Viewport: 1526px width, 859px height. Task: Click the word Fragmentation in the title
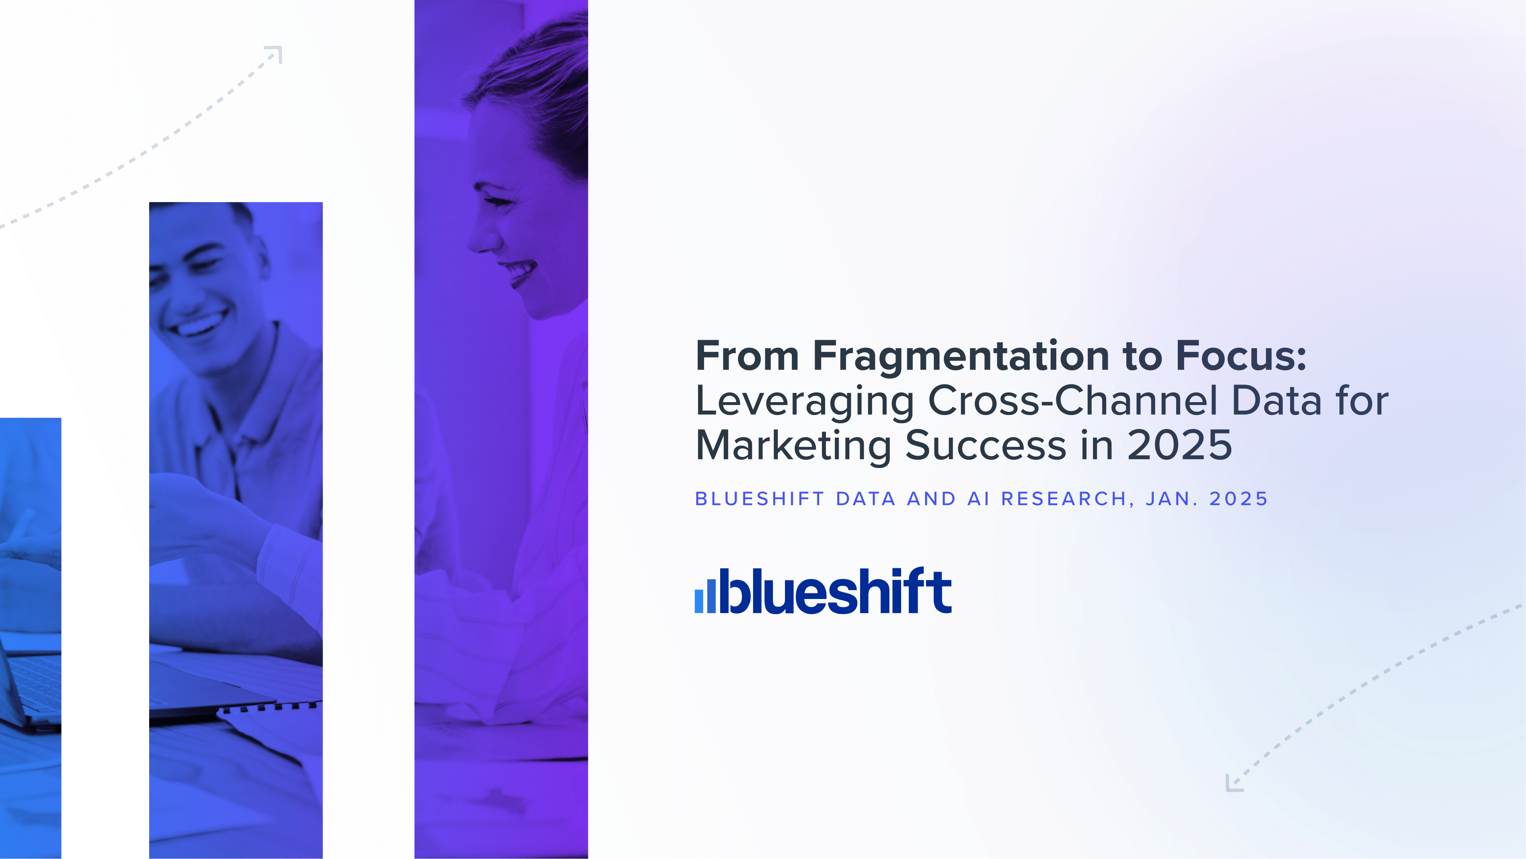[960, 357]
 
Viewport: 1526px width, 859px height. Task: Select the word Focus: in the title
[1241, 357]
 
